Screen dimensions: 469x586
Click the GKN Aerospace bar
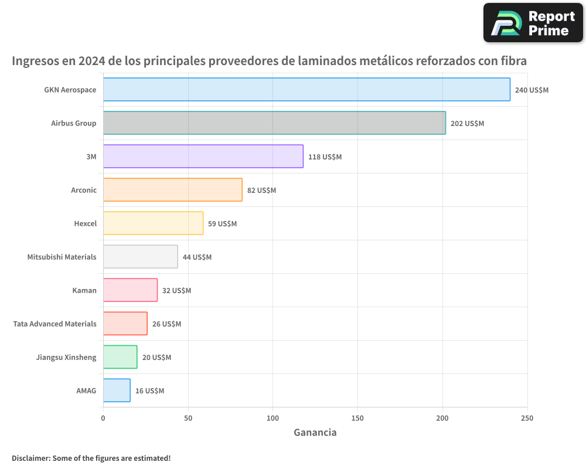coord(306,90)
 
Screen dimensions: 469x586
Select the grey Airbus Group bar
coord(274,123)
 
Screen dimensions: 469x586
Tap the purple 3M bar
coord(203,157)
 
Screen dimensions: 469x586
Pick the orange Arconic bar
coord(173,190)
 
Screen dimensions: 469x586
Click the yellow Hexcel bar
coord(154,223)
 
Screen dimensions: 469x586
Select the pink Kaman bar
coord(131,290)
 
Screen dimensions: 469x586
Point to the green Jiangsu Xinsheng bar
coord(120,357)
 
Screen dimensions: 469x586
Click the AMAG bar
coord(117,390)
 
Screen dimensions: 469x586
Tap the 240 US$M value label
coord(532,90)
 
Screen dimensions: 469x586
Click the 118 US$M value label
coord(325,157)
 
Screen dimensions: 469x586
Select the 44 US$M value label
coord(197,257)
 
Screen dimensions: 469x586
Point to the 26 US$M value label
coord(166,324)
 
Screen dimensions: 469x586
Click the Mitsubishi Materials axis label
coord(62,257)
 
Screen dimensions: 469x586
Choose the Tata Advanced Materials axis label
coord(54,324)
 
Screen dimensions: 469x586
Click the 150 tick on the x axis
coord(357,419)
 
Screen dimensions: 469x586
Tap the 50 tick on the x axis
coord(188,419)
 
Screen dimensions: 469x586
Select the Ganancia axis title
coord(315,433)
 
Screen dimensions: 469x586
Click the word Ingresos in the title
coord(36,61)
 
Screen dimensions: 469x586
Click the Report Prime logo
coord(533,23)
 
